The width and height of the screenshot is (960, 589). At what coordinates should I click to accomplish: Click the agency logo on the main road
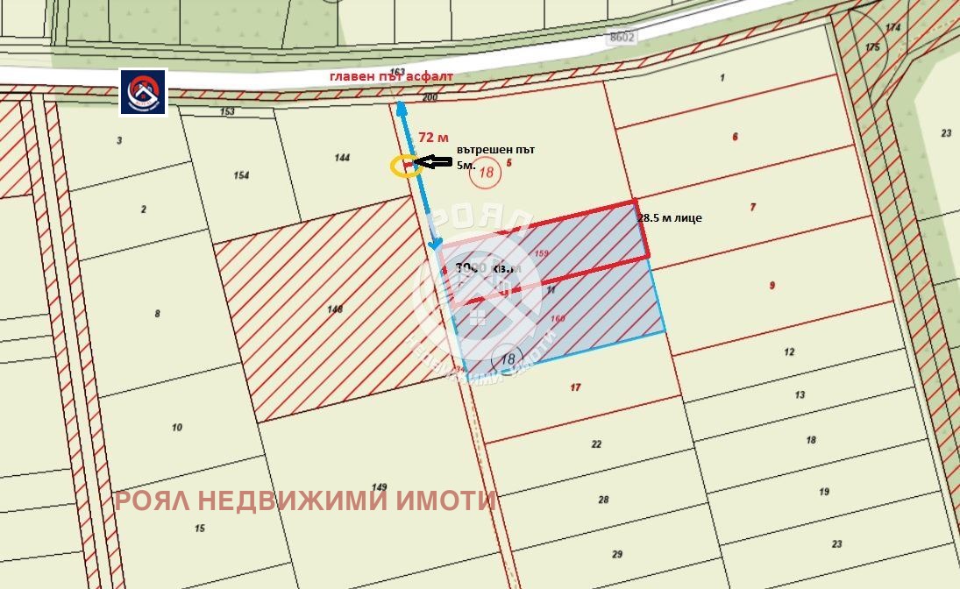tap(144, 92)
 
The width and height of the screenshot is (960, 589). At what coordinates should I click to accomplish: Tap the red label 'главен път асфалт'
tap(391, 76)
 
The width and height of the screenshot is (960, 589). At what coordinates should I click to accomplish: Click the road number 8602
tap(621, 38)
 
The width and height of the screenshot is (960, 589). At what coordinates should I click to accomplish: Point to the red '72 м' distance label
tap(433, 138)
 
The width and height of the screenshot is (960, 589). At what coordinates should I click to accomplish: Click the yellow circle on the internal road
tap(405, 167)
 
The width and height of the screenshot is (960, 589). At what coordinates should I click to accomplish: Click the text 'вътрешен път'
tap(495, 149)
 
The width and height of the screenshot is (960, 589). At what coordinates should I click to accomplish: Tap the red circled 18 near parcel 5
tap(485, 173)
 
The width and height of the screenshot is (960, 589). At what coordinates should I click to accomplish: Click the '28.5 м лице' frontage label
tap(671, 218)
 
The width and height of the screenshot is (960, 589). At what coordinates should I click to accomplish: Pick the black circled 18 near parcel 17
tap(508, 358)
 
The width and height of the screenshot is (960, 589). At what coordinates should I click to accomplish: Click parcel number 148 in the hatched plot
tap(334, 309)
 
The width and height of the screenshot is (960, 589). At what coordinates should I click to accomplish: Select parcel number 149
tap(379, 487)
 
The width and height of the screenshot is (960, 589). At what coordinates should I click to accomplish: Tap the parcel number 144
tap(342, 158)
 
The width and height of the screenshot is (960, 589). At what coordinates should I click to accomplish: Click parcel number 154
tap(241, 175)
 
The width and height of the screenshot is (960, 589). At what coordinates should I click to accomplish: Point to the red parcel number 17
tap(575, 387)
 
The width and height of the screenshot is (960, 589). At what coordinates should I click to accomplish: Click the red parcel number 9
tap(772, 285)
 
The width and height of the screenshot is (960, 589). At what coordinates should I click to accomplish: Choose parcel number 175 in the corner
tap(871, 47)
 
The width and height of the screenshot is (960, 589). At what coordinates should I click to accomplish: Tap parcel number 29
tap(617, 554)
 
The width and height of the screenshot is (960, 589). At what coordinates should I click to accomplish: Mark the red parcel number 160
tap(558, 319)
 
